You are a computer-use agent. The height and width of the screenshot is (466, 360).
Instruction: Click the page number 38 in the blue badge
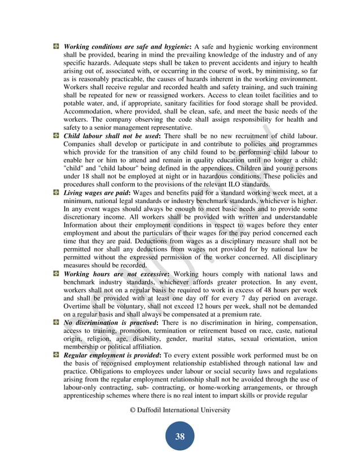click(x=179, y=436)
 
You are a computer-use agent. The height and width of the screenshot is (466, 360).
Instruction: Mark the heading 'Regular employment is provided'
click(x=113, y=355)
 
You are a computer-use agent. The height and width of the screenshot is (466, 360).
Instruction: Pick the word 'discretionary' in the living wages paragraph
click(x=85, y=217)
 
